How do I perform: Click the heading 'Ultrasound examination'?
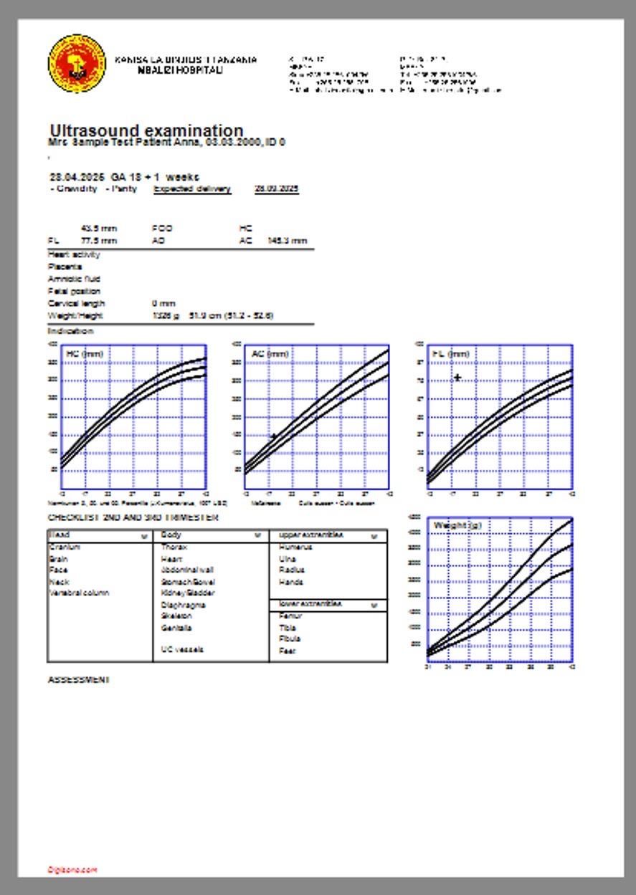coord(147,131)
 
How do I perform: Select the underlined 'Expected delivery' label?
coord(192,189)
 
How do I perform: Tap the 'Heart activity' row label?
coord(74,254)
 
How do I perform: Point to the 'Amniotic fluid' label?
coord(74,279)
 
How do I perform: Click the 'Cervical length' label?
coord(76,304)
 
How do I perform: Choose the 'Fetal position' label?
coord(74,292)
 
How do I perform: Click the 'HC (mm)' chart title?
coord(85,354)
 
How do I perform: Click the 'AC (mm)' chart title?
coord(270,354)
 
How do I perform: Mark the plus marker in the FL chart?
coord(457,378)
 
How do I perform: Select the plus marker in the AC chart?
coord(273,436)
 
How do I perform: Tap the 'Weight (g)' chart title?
coord(457,526)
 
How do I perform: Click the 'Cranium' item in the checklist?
coord(65,547)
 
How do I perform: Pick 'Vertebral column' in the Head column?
coord(79,593)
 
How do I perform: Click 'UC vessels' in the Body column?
coord(182,650)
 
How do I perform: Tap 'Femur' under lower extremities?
coord(289,616)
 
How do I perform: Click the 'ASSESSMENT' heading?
coord(78,680)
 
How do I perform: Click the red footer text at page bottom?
coord(72,870)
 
